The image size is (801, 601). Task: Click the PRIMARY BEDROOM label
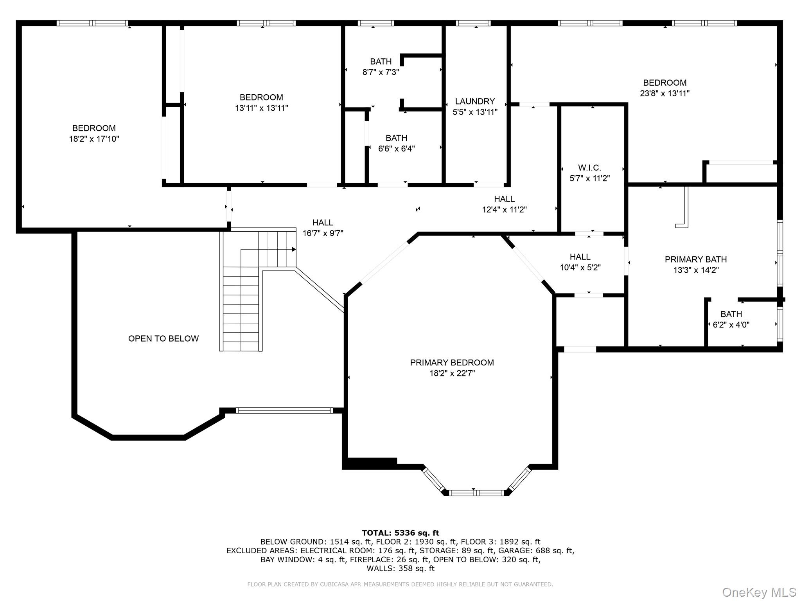point(452,363)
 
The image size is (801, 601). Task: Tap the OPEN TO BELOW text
point(163,338)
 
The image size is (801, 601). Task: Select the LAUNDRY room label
point(475,101)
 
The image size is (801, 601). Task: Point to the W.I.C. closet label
point(589,168)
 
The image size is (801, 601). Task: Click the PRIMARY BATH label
point(696,259)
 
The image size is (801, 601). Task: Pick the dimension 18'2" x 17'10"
point(94,139)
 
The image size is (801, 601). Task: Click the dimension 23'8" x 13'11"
point(665,94)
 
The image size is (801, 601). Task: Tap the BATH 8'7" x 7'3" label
point(381,62)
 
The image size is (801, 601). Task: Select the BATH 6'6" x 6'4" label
point(396,138)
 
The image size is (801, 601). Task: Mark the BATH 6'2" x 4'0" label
point(731,314)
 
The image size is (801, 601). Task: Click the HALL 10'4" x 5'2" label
point(580,257)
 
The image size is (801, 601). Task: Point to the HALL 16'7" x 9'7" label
point(323,223)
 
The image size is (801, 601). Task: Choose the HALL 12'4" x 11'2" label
point(504,199)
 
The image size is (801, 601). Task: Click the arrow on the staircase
point(293,249)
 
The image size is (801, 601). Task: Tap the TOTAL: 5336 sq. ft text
point(400,533)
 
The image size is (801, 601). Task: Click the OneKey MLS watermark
point(759,592)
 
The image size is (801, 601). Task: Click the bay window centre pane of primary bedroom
point(476,493)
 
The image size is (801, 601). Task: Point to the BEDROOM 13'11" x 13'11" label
point(261,97)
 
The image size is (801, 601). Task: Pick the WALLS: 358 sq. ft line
point(400,569)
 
